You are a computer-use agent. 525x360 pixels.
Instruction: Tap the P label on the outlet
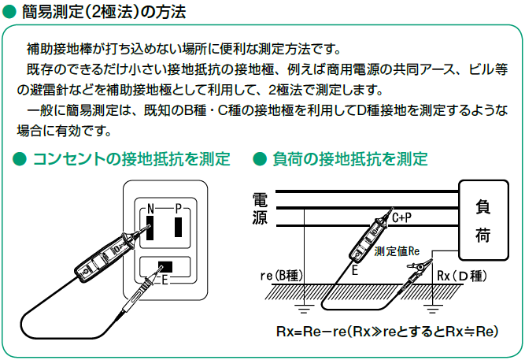tap(179, 208)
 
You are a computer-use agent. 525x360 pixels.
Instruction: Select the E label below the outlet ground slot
tap(165, 280)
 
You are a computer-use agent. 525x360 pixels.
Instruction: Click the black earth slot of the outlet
tap(165, 265)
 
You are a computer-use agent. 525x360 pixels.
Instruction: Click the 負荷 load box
tap(484, 221)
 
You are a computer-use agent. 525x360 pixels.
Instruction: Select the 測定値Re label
tap(397, 251)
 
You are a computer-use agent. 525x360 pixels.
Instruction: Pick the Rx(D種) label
tap(463, 275)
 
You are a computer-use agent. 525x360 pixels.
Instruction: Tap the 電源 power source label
tap(260, 209)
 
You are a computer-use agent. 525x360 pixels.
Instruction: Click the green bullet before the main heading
tap(9, 13)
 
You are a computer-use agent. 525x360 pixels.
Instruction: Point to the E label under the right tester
tap(356, 269)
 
